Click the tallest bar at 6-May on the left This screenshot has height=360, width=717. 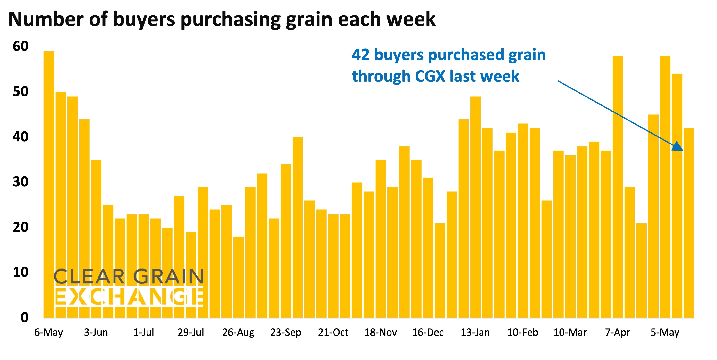[x=49, y=184]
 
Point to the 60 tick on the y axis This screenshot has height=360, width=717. [x=20, y=46]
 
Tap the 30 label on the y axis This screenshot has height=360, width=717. [x=20, y=182]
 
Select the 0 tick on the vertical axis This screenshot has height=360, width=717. [x=24, y=317]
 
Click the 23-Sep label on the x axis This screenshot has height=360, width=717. [x=285, y=332]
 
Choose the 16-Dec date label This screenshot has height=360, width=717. [x=428, y=332]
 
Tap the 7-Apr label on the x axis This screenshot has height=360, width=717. [x=617, y=332]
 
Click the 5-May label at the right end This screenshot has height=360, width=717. [x=665, y=332]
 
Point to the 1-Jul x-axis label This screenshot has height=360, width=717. [x=143, y=332]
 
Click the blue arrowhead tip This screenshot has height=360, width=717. [x=683, y=150]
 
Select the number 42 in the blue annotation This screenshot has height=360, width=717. [x=360, y=55]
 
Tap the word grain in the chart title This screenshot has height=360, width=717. [x=309, y=19]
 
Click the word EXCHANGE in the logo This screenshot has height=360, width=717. [x=129, y=297]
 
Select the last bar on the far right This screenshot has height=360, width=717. [x=689, y=223]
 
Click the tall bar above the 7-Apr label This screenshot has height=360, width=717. [x=618, y=186]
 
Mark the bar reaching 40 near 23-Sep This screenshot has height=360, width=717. [x=298, y=227]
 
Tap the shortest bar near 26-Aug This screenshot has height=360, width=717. [x=238, y=277]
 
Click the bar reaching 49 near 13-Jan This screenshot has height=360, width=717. [x=475, y=207]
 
